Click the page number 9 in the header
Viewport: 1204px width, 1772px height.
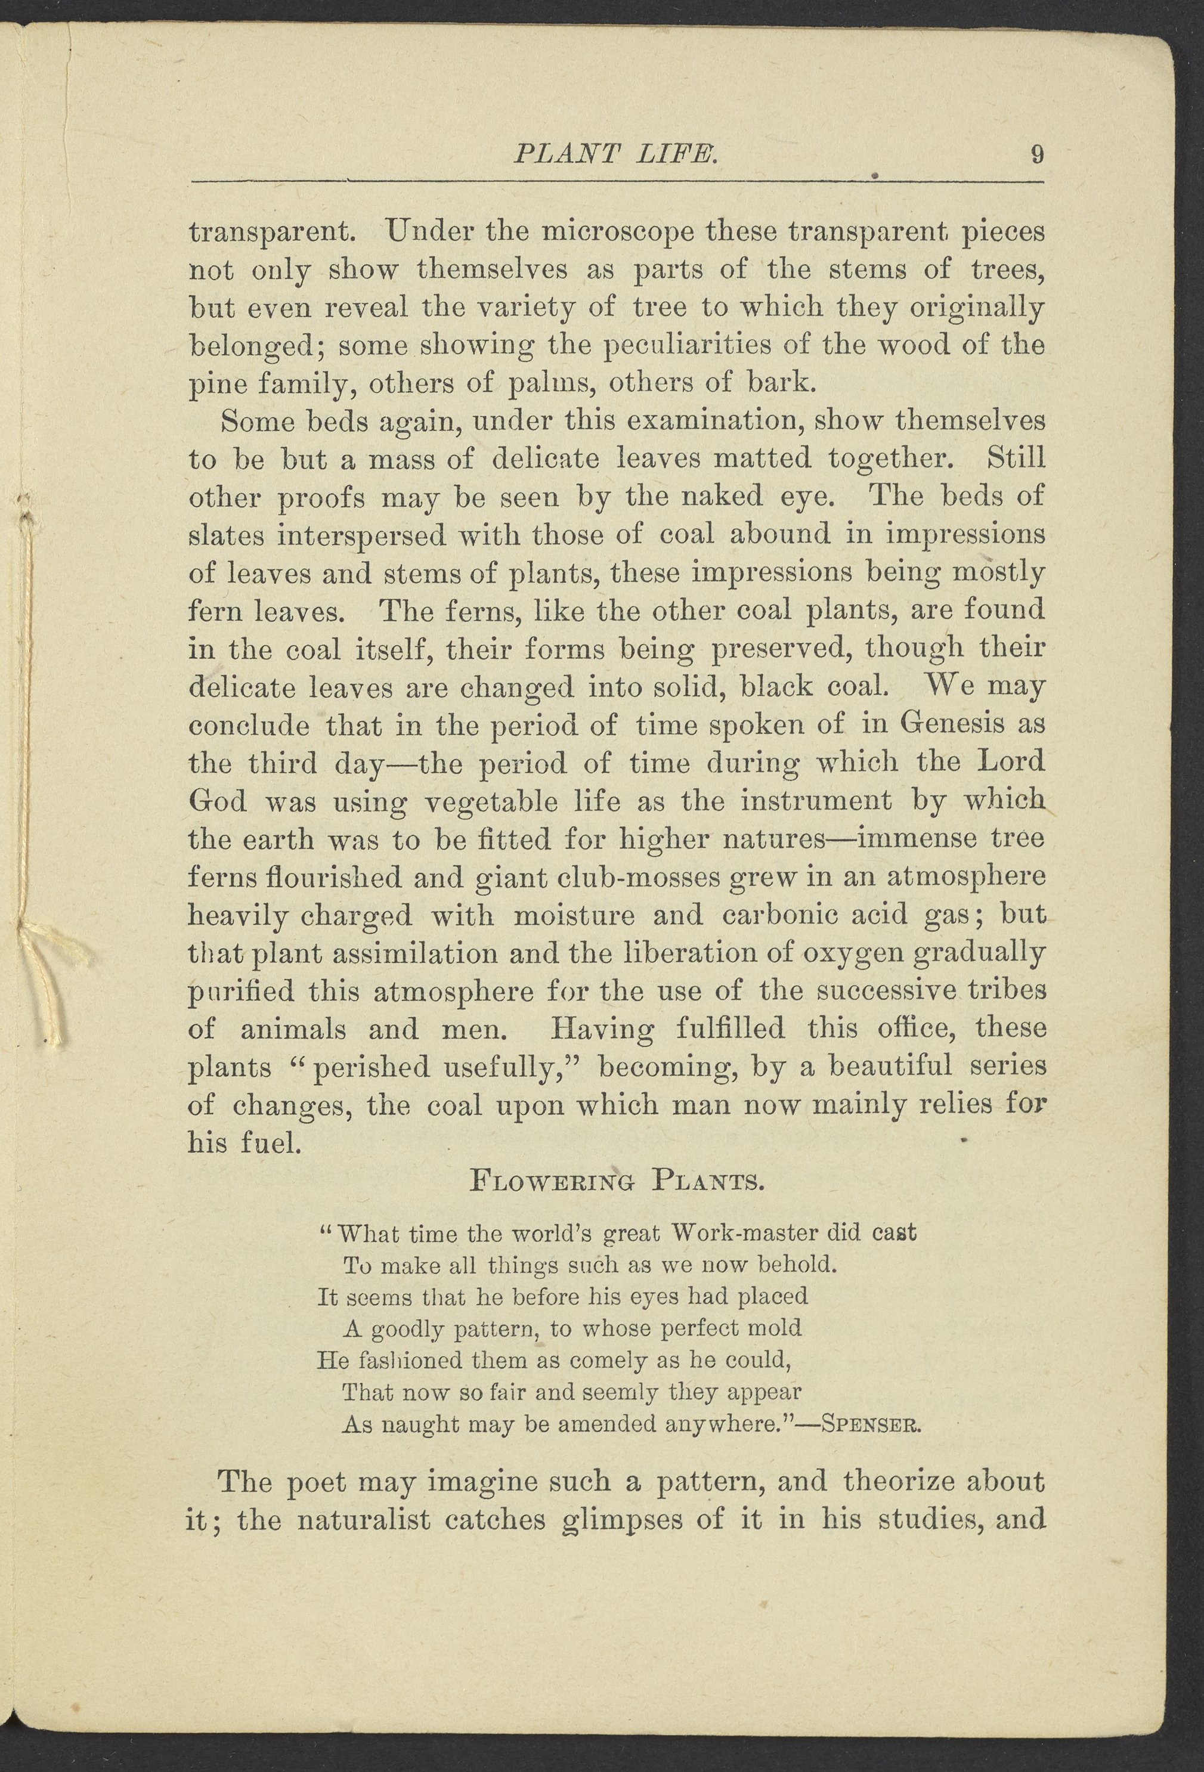click(1036, 155)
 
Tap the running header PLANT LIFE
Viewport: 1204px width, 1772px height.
click(616, 155)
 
